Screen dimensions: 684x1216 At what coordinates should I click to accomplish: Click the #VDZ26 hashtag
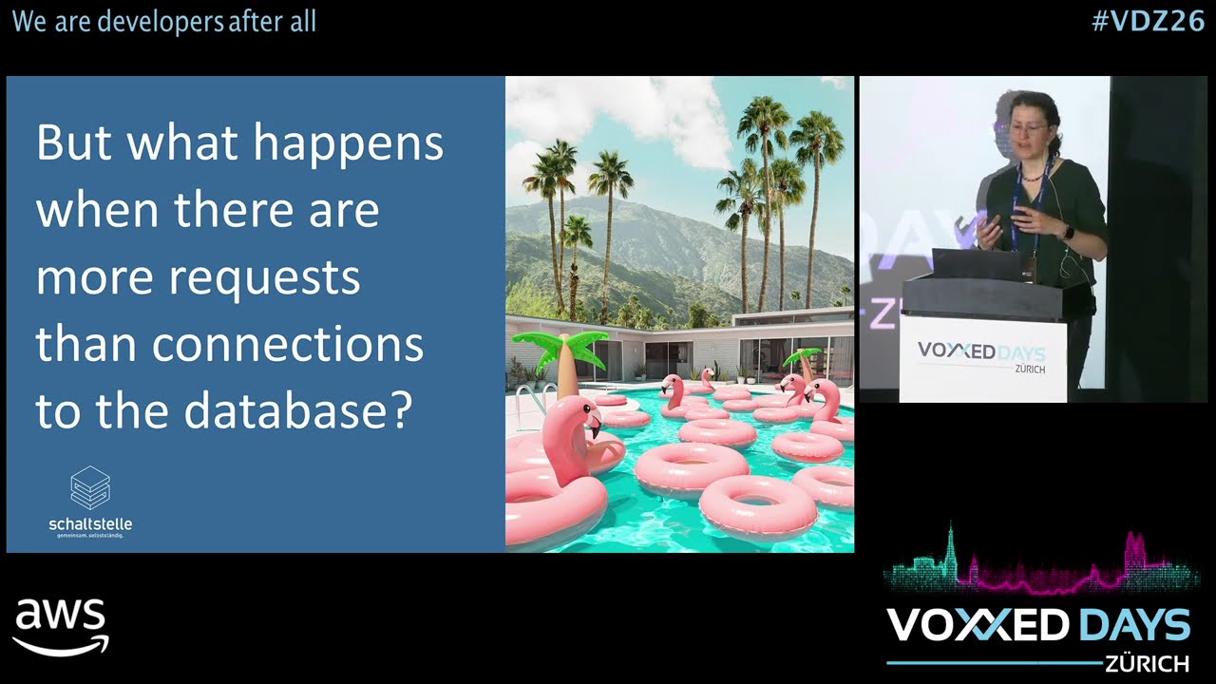pos(1148,21)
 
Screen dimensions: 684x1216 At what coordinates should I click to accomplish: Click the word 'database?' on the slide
pos(298,411)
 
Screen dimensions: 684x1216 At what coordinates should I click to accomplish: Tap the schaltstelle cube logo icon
pos(90,487)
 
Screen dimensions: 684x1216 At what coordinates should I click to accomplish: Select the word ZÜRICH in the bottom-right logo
pos(1147,663)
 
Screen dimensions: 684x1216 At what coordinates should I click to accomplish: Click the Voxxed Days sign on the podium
pos(981,355)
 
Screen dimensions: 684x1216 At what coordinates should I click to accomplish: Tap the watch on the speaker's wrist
pos(1067,232)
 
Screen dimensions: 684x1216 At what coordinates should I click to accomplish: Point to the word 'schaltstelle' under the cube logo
pos(90,523)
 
